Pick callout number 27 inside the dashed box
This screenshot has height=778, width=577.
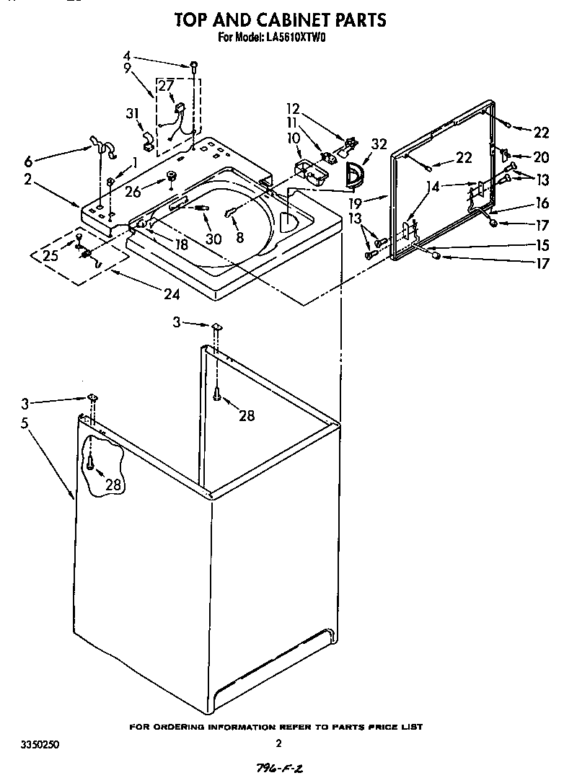166,85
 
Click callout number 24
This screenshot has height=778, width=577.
170,293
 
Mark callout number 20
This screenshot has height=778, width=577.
541,157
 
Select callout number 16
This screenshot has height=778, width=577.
541,204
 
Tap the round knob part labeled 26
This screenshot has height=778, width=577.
172,176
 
